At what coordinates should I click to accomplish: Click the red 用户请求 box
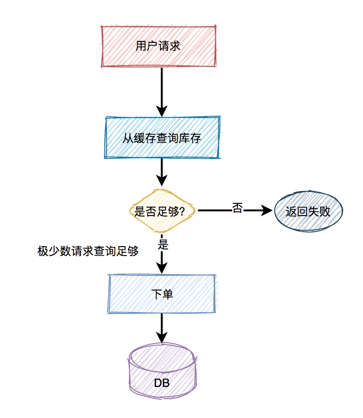pos(159,46)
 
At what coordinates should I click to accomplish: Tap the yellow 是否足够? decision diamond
pos(162,211)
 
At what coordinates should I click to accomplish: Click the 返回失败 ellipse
pos(308,211)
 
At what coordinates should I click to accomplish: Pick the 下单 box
pos(162,294)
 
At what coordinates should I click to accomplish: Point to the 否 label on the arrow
pos(237,208)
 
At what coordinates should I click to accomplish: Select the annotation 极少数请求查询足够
pos(88,251)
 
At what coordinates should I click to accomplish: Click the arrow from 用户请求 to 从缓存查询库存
pos(162,89)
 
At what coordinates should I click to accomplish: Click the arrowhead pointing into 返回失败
pos(268,211)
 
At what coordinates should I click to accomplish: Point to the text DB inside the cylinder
pos(162,383)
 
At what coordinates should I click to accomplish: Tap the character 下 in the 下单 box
pos(156,294)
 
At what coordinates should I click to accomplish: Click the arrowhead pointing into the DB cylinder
pos(162,338)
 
